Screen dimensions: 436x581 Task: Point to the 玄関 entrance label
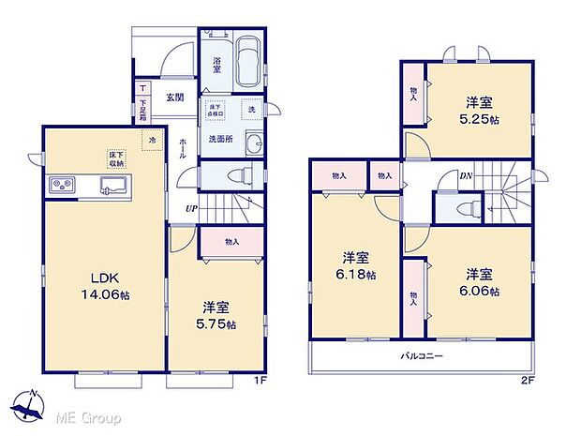(175, 97)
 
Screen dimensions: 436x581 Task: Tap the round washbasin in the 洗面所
(252, 143)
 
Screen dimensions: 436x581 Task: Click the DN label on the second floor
(465, 174)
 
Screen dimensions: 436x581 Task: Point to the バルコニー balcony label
(422, 356)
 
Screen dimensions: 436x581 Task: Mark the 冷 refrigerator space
(151, 141)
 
